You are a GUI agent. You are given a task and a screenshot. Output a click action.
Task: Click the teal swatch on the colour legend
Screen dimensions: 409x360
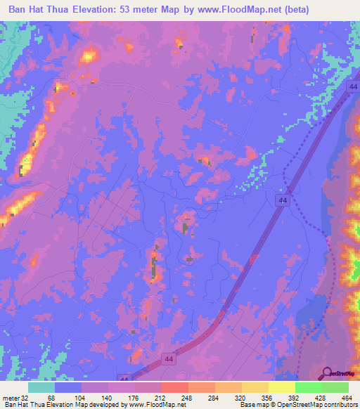point(41,387)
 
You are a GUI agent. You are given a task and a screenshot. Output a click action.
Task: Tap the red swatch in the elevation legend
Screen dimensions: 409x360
point(175,387)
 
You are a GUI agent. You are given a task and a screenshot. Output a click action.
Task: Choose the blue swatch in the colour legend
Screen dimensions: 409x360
point(68,387)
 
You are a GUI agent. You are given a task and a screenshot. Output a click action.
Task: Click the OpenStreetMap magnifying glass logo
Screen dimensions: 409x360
point(328,373)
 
